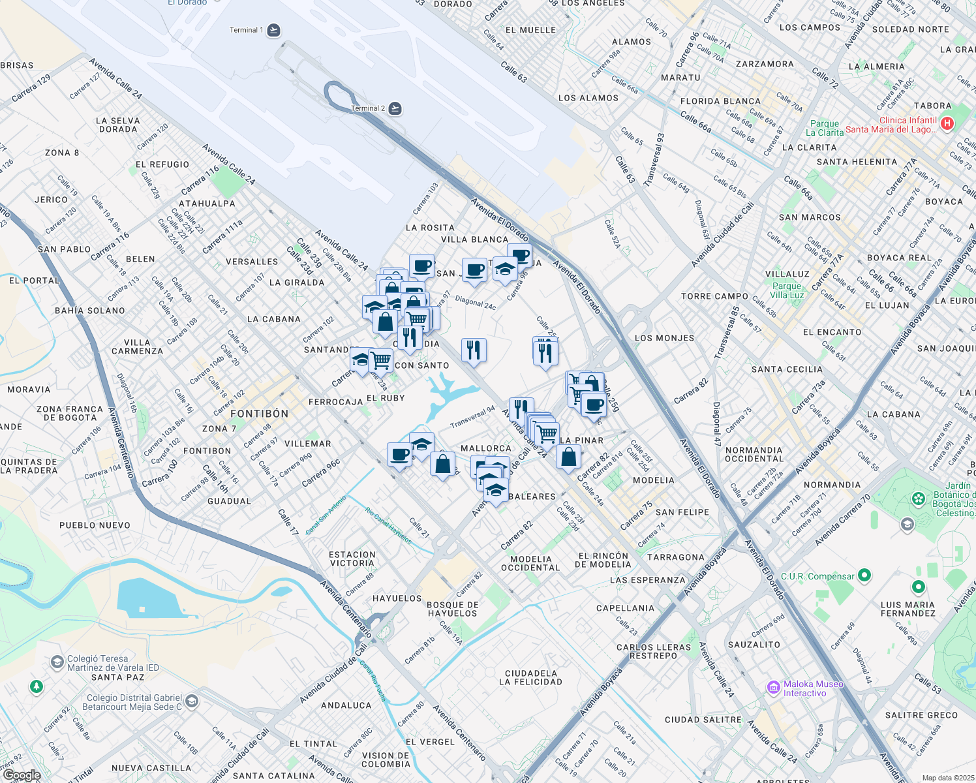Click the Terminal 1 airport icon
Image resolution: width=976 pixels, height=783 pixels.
[274, 30]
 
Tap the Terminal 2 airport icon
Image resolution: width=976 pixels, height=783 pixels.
[395, 108]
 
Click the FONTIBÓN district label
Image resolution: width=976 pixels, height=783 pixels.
[259, 414]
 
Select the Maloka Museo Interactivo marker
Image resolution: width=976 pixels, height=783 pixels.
[774, 687]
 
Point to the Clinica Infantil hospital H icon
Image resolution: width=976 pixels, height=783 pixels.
[947, 123]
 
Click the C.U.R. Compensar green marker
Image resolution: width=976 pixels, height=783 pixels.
[864, 576]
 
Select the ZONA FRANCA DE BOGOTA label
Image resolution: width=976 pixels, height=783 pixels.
[70, 413]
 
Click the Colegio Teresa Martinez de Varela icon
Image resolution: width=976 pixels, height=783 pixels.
[57, 662]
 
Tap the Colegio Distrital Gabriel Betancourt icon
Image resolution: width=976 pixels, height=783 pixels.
[191, 701]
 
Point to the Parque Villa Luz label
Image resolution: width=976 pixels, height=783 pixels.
[787, 290]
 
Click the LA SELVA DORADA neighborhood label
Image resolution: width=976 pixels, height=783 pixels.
[118, 125]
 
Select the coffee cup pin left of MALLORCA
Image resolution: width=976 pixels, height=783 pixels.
[399, 453]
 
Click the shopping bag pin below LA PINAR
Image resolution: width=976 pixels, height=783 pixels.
[568, 457]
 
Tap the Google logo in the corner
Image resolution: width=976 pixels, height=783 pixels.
[22, 775]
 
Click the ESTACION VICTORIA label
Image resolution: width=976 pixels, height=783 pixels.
[352, 559]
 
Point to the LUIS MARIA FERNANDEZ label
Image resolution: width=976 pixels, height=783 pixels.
[907, 609]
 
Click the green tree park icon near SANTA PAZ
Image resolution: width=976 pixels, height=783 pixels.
[37, 686]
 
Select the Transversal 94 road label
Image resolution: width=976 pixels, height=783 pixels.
[473, 418]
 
